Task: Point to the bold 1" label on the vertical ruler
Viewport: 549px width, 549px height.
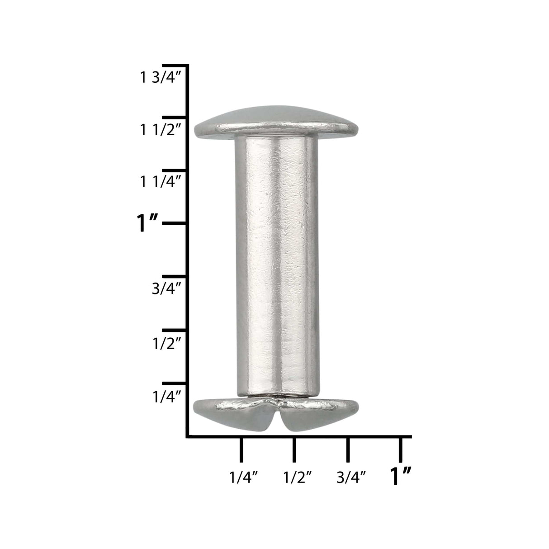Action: (147, 224)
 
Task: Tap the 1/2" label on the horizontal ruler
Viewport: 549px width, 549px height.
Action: (297, 477)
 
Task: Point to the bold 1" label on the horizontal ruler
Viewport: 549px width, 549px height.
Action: (401, 476)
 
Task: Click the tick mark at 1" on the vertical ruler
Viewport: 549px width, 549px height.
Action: (175, 223)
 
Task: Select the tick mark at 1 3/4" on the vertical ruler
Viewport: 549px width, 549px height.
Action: (175, 66)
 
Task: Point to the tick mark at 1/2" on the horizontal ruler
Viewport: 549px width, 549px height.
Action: (294, 450)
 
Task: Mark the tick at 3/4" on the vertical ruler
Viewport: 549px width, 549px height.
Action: (175, 276)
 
